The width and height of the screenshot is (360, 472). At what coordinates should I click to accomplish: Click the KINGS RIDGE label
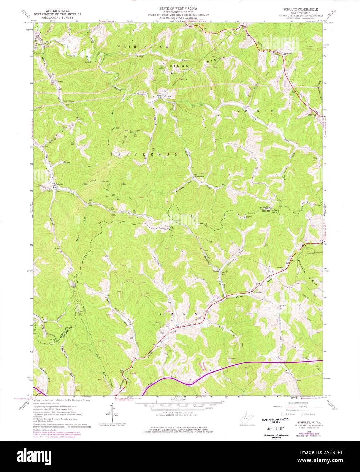[x=191, y=61]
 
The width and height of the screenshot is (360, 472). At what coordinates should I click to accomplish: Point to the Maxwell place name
[x=312, y=115]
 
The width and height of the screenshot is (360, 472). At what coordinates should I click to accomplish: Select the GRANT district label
[x=183, y=314]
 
